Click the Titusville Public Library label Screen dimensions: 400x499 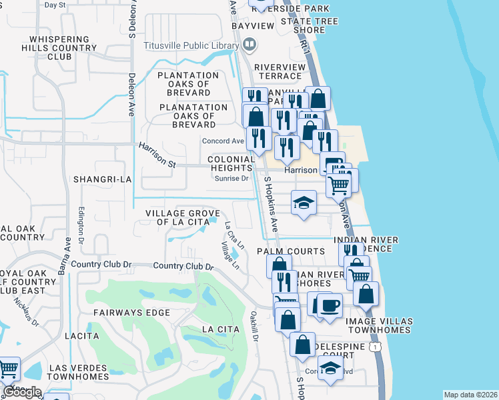[x=191, y=46]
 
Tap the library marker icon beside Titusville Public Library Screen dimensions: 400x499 [x=249, y=45]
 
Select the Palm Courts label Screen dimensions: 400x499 [x=292, y=251]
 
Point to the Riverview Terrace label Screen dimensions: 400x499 [x=280, y=71]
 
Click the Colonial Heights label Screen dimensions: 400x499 [x=231, y=164]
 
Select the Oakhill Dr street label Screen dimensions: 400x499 [x=254, y=326]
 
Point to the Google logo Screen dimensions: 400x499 [x=22, y=392]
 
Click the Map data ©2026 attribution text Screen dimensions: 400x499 [x=470, y=395]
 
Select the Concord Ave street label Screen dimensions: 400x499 [x=223, y=141]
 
